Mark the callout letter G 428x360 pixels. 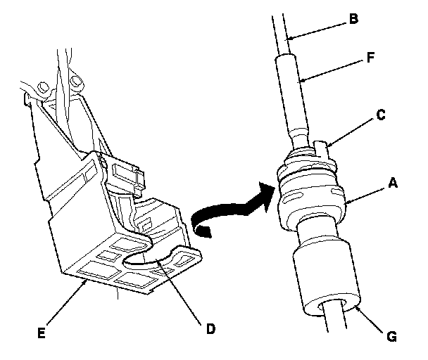click(392, 337)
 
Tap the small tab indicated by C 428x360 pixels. click(323, 149)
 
